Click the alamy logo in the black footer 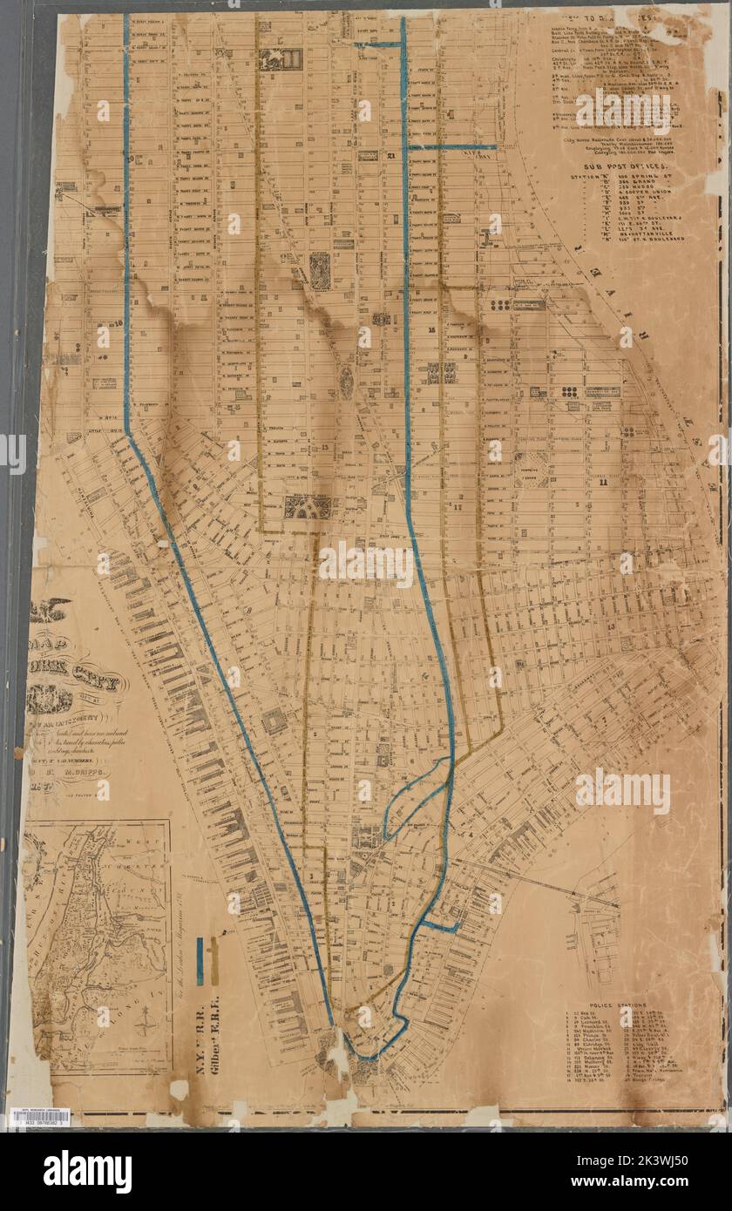pyautogui.click(x=87, y=1172)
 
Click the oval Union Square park pyautogui.click(x=347, y=381)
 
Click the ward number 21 pyautogui.click(x=391, y=156)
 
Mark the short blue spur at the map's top pyautogui.click(x=376, y=44)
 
